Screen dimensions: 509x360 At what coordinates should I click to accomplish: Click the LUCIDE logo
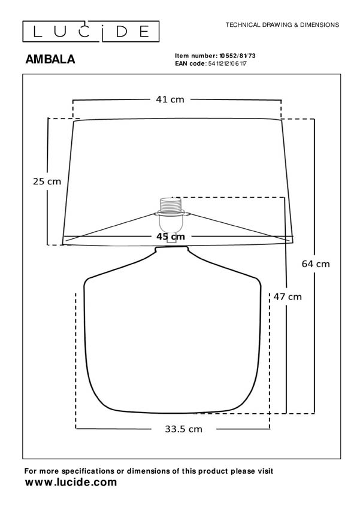coord(91,31)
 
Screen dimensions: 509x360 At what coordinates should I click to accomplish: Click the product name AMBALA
coord(50,59)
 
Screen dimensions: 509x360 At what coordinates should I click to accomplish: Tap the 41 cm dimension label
coord(171,99)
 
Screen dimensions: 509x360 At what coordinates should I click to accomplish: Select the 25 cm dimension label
coord(47,181)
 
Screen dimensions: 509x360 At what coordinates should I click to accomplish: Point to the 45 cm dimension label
coord(171,237)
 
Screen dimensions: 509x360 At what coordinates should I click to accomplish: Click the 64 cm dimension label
coord(315,263)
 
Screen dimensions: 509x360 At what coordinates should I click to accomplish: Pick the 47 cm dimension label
coord(288,296)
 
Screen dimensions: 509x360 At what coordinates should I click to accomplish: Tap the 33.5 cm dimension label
coord(183,429)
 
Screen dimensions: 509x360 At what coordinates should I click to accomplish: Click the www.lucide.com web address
coord(71,482)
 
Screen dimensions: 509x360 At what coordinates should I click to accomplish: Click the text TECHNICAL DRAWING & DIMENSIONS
coord(282,25)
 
